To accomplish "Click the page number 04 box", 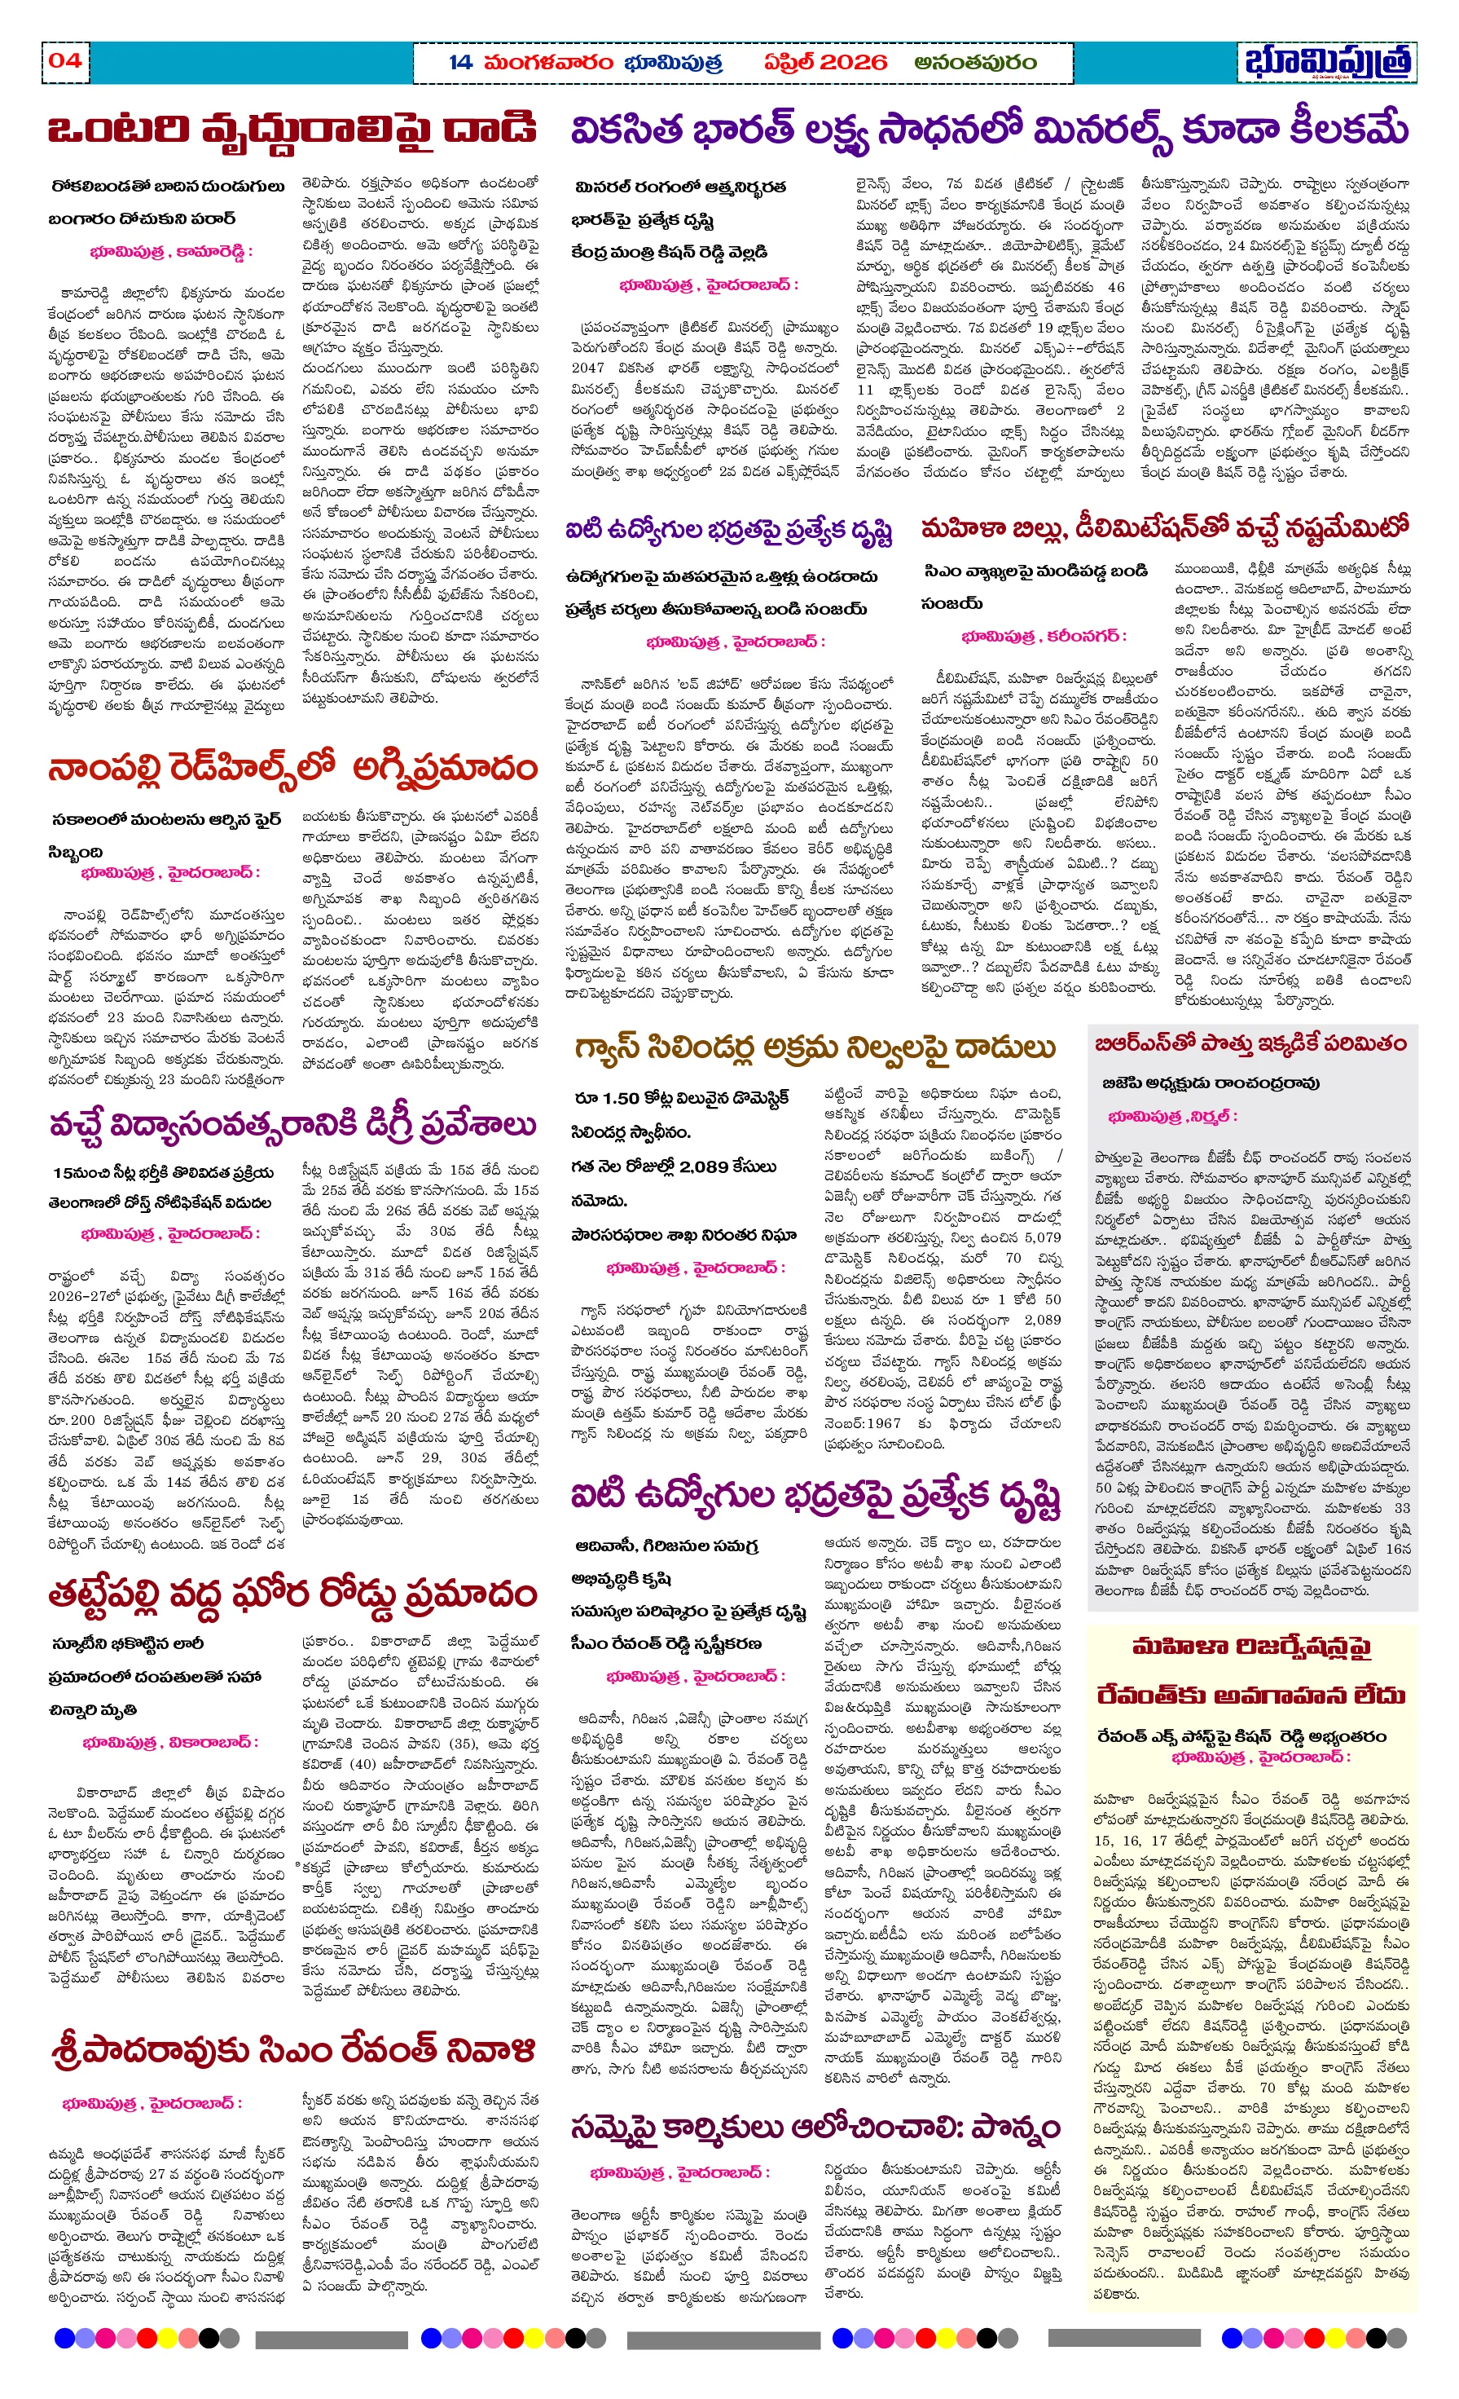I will pos(65,60).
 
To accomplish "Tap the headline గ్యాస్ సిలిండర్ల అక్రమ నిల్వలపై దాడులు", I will pos(815,1048).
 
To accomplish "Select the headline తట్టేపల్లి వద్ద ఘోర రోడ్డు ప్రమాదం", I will pos(292,1594).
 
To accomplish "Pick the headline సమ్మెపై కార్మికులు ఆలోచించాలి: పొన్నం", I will pos(815,2129).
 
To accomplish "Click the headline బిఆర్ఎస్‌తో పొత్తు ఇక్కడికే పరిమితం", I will pos(1250,1043).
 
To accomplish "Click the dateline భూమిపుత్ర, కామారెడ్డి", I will pos(170,251).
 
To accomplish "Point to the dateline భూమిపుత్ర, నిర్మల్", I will pos(1172,1116).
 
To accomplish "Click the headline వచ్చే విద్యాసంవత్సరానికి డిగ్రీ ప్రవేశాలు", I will pos(292,1126).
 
